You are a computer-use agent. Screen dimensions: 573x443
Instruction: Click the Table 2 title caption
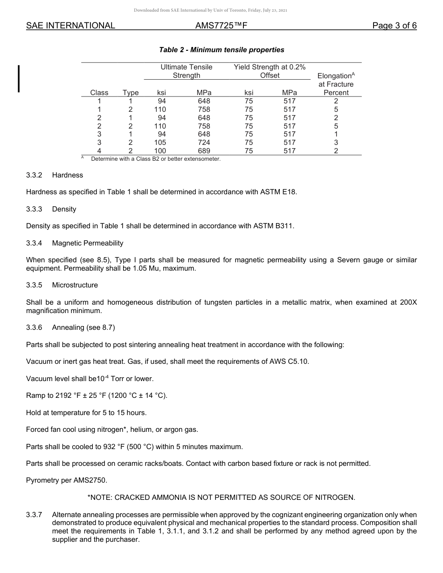(x=221, y=50)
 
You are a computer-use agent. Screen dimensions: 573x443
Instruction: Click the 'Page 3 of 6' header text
(x=394, y=26)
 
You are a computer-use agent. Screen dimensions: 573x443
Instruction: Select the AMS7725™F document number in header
(x=221, y=26)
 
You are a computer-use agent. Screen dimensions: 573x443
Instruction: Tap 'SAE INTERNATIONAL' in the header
(x=70, y=26)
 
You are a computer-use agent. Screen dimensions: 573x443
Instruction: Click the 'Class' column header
(x=99, y=93)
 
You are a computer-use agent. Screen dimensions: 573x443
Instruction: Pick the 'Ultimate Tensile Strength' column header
(x=186, y=71)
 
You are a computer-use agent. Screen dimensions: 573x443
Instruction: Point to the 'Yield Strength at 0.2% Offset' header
(x=270, y=71)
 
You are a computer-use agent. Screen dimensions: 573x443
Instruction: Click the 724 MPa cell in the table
(x=204, y=143)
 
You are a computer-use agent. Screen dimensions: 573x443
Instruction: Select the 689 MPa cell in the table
(x=204, y=151)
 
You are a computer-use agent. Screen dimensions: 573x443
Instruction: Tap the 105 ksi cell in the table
(x=160, y=143)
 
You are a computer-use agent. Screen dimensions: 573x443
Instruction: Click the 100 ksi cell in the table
(x=160, y=151)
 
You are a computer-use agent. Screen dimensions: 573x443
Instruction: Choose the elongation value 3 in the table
(x=336, y=143)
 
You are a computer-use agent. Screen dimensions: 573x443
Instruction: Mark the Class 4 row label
(x=99, y=151)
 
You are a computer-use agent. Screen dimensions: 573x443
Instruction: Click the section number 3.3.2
(x=34, y=175)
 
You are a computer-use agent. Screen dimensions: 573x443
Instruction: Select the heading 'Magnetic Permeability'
(x=88, y=243)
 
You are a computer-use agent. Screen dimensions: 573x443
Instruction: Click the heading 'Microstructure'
(x=75, y=285)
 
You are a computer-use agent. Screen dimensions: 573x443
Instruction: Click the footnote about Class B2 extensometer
(x=155, y=159)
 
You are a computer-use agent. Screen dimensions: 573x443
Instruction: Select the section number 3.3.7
(x=34, y=515)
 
